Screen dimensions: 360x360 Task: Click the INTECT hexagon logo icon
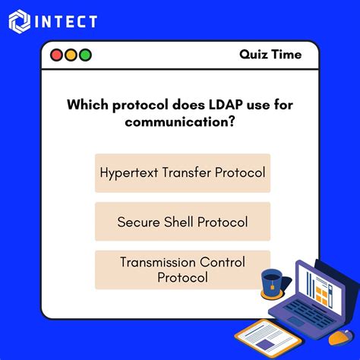coord(21,21)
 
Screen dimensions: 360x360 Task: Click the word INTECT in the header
coord(67,21)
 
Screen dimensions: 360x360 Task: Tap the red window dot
coord(55,55)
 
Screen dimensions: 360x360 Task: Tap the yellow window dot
coord(70,55)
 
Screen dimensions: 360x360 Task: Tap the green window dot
coord(84,55)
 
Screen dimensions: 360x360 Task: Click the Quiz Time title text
coord(270,55)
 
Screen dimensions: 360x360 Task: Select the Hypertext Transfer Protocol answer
coord(182,172)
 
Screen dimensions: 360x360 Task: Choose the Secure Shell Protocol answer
coord(182,222)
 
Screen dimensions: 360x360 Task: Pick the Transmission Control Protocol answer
coord(182,270)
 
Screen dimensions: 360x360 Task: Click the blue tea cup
coord(270,283)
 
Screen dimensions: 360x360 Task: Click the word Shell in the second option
coord(179,222)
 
